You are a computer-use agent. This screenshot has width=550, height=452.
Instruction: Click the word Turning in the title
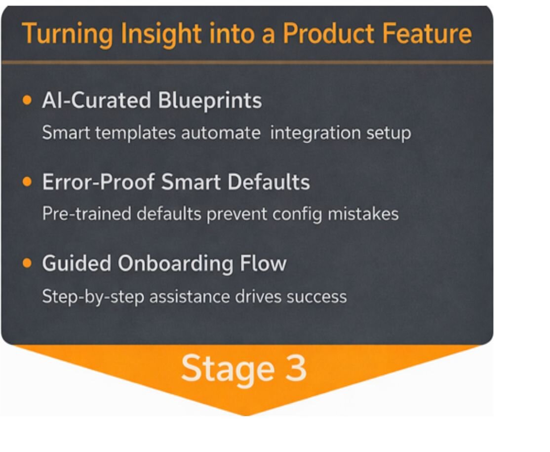pos(64,34)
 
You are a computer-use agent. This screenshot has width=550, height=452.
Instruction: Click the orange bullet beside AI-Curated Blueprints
pos(27,101)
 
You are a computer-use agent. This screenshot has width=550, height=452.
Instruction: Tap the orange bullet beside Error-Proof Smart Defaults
pos(27,182)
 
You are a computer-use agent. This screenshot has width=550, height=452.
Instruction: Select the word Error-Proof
pos(98,182)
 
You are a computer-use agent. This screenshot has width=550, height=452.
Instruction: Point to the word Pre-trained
pos(86,214)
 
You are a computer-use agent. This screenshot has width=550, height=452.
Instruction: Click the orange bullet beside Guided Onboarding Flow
pos(27,263)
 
